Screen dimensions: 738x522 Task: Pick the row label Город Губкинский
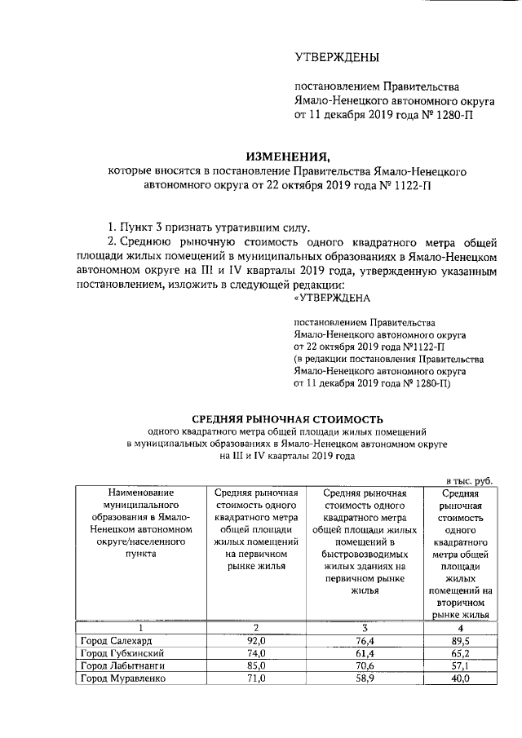[x=119, y=654]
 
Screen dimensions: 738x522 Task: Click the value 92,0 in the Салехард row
[x=256, y=641]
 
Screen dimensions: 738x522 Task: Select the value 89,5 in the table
[x=462, y=641]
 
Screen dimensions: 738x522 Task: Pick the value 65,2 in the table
[x=462, y=654]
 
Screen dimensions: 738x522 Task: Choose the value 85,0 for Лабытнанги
[x=256, y=667]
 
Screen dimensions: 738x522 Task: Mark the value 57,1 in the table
[x=462, y=667]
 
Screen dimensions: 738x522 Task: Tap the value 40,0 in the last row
[x=462, y=680]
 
